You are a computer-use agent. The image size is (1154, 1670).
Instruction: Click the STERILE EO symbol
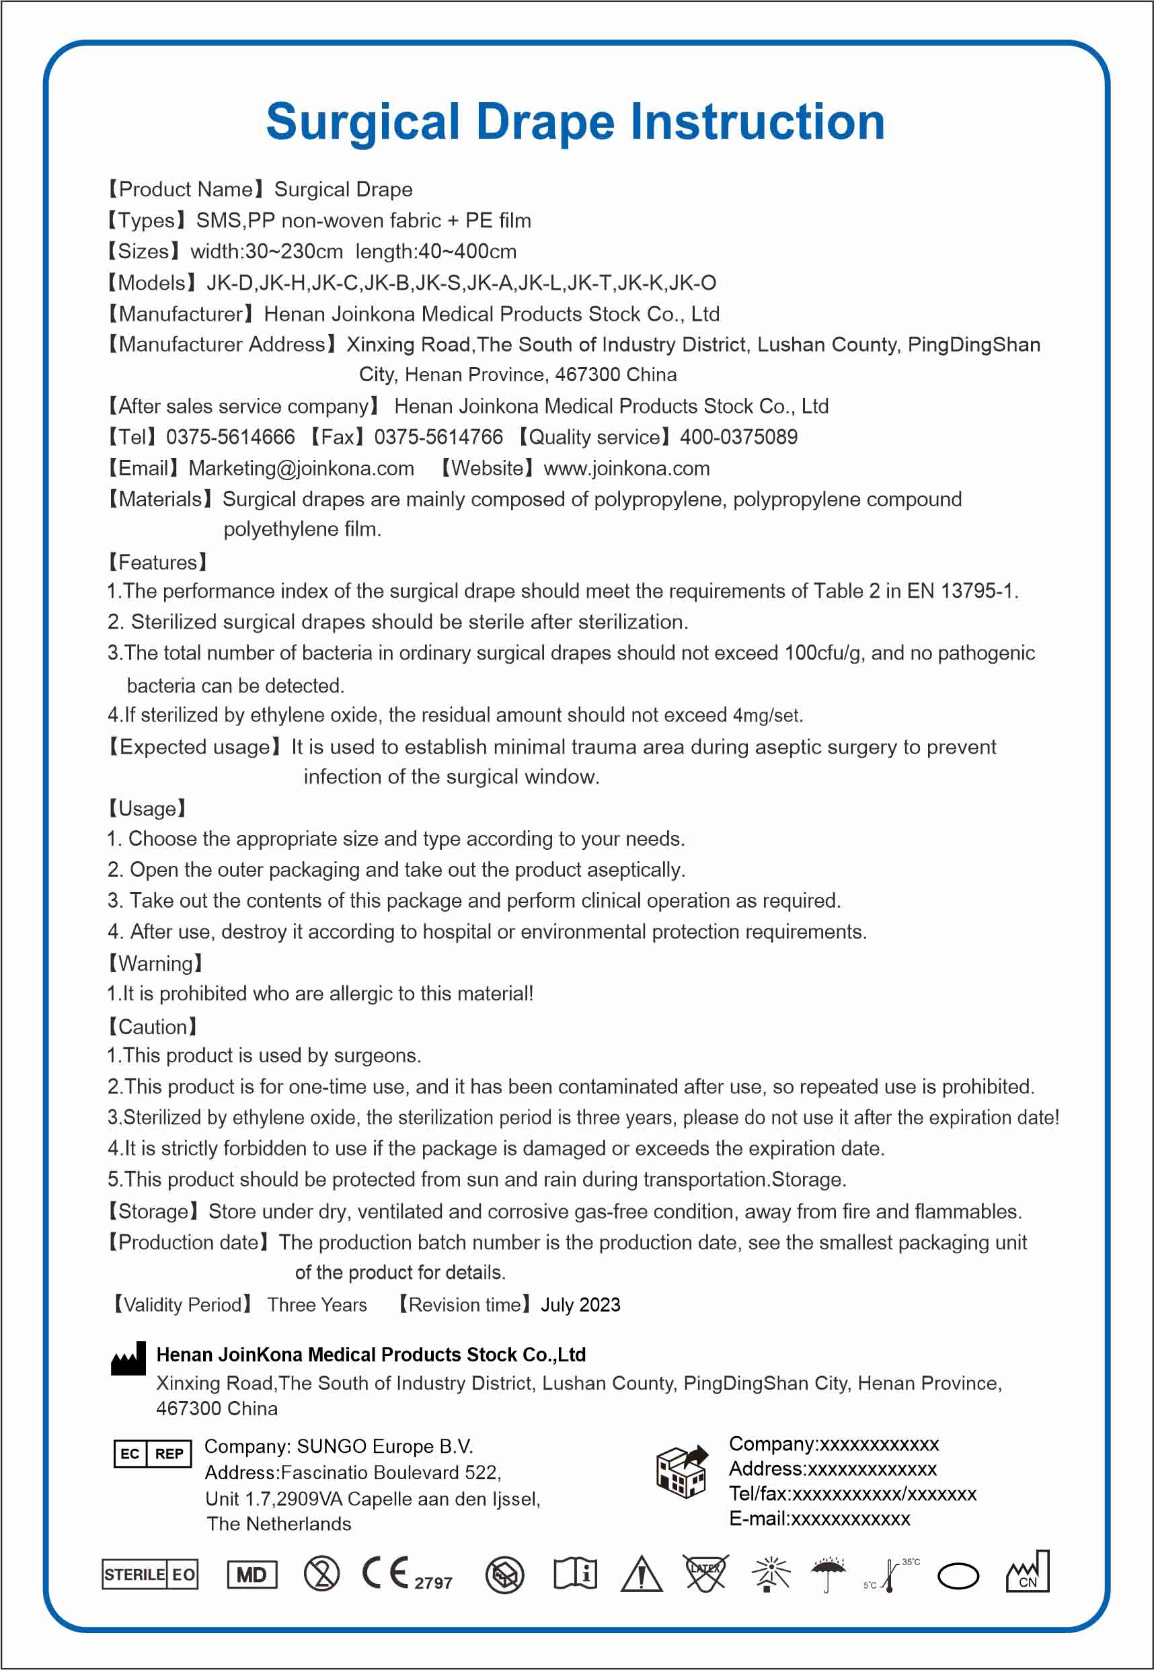click(150, 1574)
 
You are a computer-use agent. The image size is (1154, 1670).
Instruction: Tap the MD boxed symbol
click(252, 1575)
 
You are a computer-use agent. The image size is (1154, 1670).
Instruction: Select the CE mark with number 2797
click(406, 1574)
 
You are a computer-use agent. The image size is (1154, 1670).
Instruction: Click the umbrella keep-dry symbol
click(828, 1573)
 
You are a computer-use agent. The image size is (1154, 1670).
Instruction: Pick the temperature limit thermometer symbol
click(891, 1574)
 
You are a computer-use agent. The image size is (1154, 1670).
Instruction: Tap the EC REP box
click(153, 1454)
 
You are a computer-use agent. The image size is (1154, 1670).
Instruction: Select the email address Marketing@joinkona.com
click(301, 469)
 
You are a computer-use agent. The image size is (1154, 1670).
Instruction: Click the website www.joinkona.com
click(626, 469)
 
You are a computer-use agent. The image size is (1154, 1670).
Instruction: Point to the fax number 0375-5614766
click(438, 437)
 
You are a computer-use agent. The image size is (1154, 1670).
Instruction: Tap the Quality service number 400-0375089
click(738, 437)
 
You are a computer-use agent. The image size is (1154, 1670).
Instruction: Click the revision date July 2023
click(580, 1304)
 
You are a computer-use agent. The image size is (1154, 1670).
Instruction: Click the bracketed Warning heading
click(155, 963)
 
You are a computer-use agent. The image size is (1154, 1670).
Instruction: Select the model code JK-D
click(229, 282)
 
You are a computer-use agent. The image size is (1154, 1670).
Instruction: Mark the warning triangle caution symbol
click(642, 1574)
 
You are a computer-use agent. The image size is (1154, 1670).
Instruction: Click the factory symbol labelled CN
click(1028, 1573)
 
